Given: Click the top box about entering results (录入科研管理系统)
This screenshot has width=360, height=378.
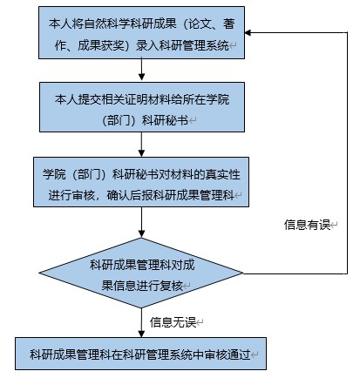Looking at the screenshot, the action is (x=141, y=32).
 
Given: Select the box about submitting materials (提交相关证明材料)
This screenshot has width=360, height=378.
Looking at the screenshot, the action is (x=142, y=107).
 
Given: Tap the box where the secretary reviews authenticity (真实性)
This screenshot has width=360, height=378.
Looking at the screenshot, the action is (x=141, y=182).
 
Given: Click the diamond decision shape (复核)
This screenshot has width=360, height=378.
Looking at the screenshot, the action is (x=141, y=273).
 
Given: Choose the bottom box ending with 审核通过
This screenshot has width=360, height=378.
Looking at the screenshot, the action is (x=140, y=354).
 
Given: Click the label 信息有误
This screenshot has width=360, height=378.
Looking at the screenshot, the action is (x=307, y=225).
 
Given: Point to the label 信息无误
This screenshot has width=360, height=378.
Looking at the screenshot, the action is (x=173, y=322).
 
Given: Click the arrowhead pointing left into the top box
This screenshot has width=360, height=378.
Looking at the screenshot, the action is (x=248, y=32).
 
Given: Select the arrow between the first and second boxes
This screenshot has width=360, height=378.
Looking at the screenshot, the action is (x=141, y=70).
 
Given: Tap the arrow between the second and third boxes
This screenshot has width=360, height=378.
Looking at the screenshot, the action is (x=141, y=145).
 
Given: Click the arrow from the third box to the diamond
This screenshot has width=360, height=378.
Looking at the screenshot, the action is (x=141, y=222).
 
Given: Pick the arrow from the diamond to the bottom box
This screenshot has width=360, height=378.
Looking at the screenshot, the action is (x=141, y=322).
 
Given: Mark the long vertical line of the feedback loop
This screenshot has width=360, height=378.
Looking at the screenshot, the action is (x=347, y=153).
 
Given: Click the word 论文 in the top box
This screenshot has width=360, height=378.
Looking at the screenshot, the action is (x=200, y=24).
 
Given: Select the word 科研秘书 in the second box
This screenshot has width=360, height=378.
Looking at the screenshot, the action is (x=165, y=120).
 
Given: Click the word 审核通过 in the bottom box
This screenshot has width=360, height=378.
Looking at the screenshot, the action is (x=228, y=354).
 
